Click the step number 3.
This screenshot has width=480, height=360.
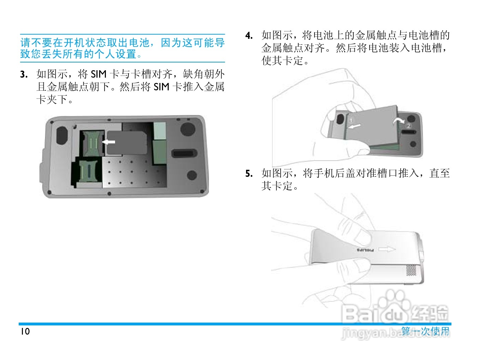coord(24,74)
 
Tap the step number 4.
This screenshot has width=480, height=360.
coord(249,36)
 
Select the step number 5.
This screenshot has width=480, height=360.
coord(249,174)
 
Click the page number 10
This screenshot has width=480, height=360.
coord(25,331)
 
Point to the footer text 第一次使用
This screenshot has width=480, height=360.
coord(425,331)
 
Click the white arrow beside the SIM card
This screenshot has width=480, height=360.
coord(109,142)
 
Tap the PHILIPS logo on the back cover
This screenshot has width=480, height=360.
coord(365,250)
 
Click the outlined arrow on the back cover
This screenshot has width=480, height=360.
coord(387,250)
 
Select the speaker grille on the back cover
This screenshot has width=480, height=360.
coord(411,270)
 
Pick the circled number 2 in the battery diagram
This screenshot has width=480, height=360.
coord(409,126)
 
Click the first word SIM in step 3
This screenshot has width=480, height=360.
coord(98,74)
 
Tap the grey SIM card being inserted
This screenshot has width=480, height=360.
coord(127,143)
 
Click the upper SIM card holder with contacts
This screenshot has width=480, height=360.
coord(92,143)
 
